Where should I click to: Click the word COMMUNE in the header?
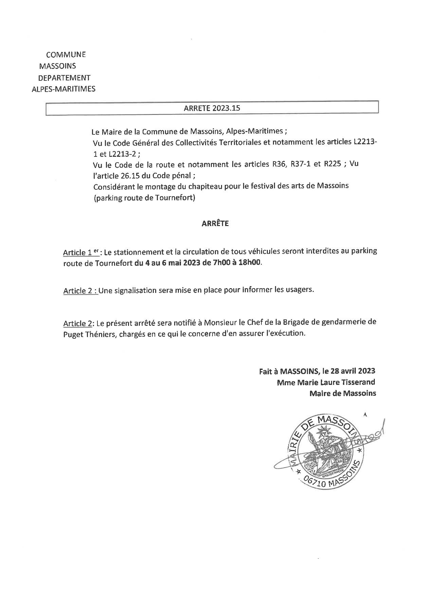(66, 55)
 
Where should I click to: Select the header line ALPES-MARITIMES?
(63, 89)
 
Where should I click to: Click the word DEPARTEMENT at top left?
(65, 78)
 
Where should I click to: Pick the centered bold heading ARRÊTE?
(215, 223)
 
